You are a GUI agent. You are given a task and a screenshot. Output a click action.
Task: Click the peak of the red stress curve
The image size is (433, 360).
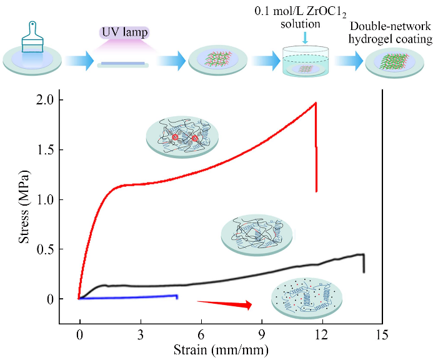[316, 102]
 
